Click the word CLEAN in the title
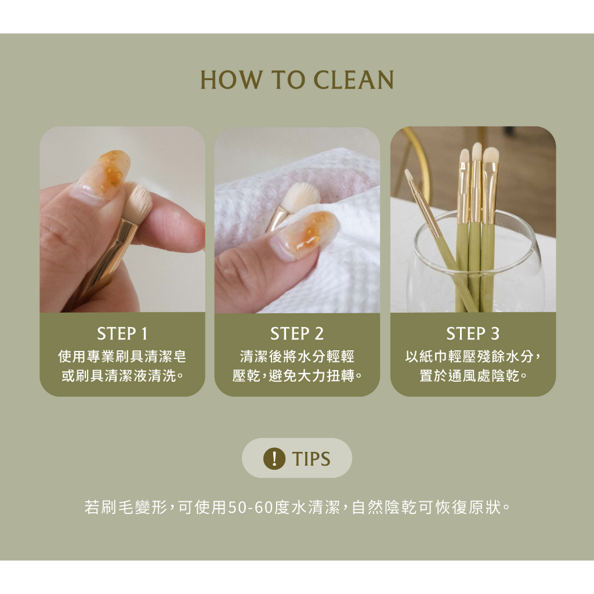(x=354, y=80)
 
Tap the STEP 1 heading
(x=122, y=334)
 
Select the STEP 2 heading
(x=297, y=334)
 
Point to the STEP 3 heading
(x=473, y=334)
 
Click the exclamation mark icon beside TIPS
(x=274, y=458)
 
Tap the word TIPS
(x=311, y=459)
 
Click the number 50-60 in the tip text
(x=251, y=507)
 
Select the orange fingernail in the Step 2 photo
(x=307, y=234)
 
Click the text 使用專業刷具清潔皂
(x=122, y=357)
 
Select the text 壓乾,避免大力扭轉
(x=298, y=376)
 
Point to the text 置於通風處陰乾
(x=473, y=376)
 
